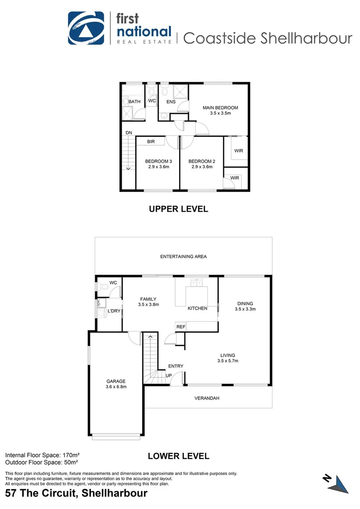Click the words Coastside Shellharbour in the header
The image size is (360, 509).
click(x=267, y=38)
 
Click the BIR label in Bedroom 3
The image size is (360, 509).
click(x=151, y=141)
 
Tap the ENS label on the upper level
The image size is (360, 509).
click(x=171, y=102)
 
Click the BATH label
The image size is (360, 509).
click(x=134, y=102)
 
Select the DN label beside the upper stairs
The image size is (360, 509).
click(x=129, y=133)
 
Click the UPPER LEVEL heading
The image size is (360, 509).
click(x=178, y=209)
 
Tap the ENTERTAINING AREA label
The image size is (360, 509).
click(x=183, y=257)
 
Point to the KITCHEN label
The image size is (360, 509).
click(x=197, y=308)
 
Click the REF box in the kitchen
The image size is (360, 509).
click(x=180, y=327)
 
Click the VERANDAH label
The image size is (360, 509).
click(x=207, y=398)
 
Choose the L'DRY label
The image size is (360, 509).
click(x=114, y=312)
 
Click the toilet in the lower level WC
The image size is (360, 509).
click(x=100, y=287)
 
